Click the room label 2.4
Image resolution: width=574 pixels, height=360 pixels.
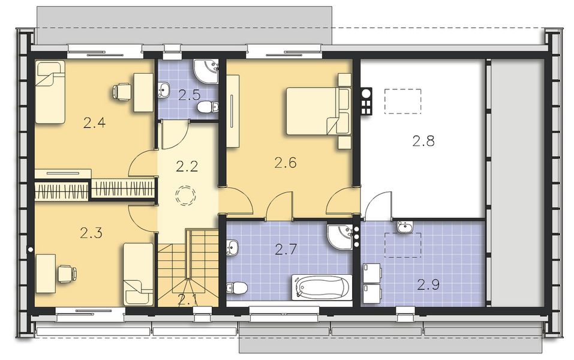tap(94, 124)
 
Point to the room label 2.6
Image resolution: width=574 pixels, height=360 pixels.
tap(286, 162)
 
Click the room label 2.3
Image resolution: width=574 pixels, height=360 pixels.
tap(91, 232)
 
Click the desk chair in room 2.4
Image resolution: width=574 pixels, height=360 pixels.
tap(122, 92)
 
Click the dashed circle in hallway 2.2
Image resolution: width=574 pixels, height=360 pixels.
tap(185, 196)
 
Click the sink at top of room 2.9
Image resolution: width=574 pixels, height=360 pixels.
tap(405, 226)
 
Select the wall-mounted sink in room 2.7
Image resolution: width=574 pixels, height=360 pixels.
tap(233, 245)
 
